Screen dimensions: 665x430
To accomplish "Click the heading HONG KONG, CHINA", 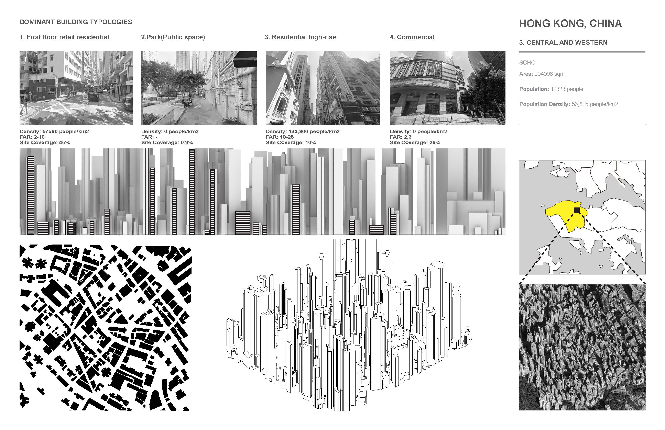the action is [570, 23].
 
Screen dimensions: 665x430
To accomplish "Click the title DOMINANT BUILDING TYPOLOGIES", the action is [76, 22].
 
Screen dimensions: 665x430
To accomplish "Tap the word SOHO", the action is [527, 63].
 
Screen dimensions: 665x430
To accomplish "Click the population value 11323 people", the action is [567, 89].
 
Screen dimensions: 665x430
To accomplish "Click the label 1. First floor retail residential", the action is [64, 37].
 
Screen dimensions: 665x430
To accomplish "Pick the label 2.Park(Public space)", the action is [173, 37].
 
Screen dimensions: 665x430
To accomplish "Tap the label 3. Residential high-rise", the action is [300, 37].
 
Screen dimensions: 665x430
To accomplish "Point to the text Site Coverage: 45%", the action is [45, 142].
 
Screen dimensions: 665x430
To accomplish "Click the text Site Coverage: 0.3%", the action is [167, 142].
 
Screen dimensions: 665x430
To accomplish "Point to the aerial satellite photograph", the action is [582, 347].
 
